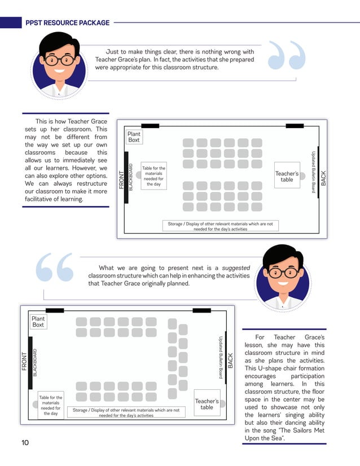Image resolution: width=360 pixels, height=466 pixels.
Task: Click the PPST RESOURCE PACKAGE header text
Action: (x=67, y=23)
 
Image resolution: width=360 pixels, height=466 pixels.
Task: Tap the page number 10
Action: (x=25, y=442)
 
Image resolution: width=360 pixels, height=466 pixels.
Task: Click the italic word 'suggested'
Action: (x=236, y=267)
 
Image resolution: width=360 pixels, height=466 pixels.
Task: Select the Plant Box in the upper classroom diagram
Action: (x=134, y=137)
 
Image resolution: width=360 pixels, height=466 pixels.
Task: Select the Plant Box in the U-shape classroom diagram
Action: (x=38, y=322)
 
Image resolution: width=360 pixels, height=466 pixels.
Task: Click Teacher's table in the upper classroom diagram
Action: (x=287, y=177)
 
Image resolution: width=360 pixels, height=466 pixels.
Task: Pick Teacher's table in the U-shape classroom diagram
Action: (x=207, y=404)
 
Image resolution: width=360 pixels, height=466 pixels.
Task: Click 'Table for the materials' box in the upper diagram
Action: (x=153, y=176)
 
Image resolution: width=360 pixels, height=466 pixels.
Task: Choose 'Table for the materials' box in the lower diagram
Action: (x=50, y=406)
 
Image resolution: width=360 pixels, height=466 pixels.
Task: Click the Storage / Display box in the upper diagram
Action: (x=220, y=226)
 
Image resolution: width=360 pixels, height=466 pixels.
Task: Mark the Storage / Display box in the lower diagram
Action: (x=126, y=412)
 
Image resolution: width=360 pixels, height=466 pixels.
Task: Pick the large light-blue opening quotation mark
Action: (x=55, y=267)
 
